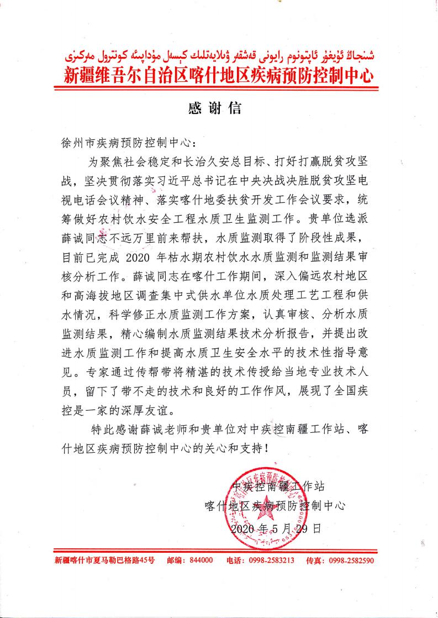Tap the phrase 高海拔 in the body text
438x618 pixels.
[x=96, y=295]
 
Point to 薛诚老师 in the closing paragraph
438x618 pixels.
[x=171, y=429]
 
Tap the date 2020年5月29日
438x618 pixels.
[x=276, y=528]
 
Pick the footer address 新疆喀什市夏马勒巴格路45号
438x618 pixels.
[x=105, y=560]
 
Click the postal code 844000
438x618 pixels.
[x=200, y=560]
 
